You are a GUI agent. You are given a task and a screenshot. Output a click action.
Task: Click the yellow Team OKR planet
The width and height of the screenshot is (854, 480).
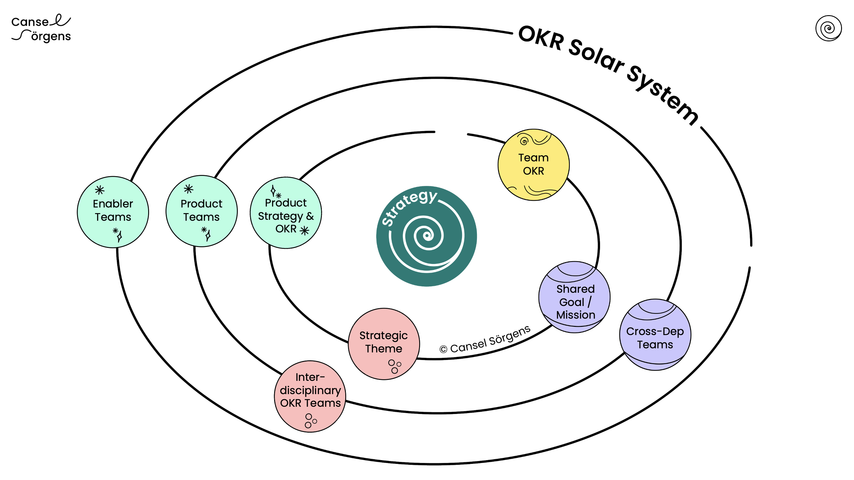tap(533, 165)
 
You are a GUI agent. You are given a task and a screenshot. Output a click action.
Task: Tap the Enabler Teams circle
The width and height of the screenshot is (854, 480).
tap(113, 212)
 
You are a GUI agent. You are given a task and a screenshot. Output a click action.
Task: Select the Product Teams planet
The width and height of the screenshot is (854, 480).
tap(201, 211)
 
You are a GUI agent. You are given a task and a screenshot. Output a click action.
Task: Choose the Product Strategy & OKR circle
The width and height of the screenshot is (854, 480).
tap(286, 213)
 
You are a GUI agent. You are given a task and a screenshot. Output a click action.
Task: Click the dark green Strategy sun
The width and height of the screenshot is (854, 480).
tap(426, 236)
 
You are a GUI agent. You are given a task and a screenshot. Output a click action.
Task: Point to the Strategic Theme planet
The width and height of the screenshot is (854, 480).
tap(383, 344)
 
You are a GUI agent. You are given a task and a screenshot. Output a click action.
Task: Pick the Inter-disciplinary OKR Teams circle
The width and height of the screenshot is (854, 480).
tap(310, 396)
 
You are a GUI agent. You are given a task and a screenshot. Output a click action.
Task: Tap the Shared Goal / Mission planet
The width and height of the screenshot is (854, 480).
tap(574, 297)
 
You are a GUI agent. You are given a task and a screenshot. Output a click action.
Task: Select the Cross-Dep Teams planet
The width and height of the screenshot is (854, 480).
tap(655, 334)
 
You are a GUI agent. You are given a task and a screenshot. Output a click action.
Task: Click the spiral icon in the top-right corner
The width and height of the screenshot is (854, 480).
tap(828, 28)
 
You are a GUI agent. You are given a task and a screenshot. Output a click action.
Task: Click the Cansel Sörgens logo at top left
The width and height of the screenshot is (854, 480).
tap(41, 29)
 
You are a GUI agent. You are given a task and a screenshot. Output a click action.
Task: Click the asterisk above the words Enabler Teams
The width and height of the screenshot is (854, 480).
tap(99, 190)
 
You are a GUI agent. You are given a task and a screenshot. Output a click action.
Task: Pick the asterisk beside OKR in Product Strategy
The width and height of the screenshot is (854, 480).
tap(304, 231)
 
